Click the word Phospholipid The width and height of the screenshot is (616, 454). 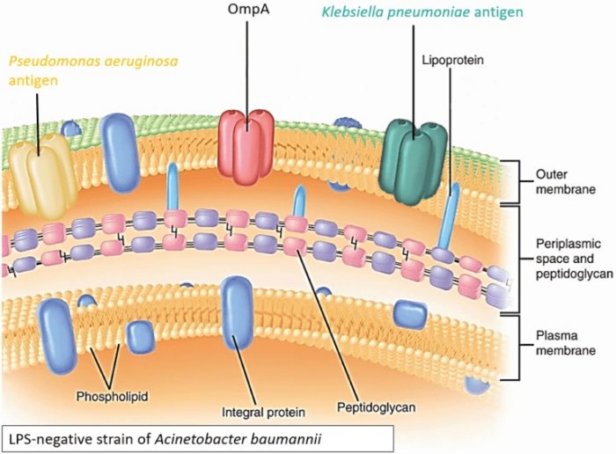pos(111,396)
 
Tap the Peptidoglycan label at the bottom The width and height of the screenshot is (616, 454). pos(376,407)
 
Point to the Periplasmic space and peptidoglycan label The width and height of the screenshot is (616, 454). pos(568,256)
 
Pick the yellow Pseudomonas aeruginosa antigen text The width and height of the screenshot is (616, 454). pos(70,71)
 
